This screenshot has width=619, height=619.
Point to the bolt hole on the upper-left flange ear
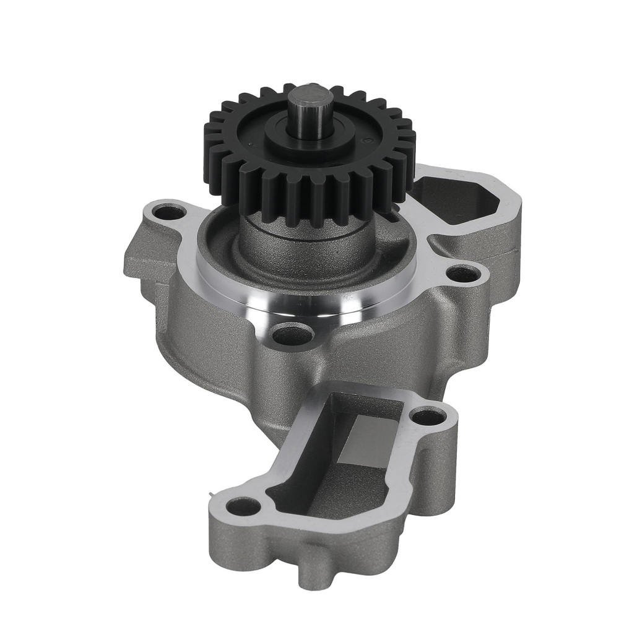169,213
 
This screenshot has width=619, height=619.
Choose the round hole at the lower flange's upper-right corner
428,417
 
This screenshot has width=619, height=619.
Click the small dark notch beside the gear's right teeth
391,217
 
